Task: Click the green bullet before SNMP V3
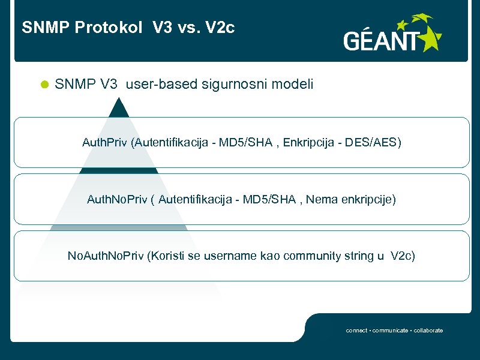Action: (43, 85)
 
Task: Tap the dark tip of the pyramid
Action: (119, 108)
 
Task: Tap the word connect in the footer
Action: (356, 331)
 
